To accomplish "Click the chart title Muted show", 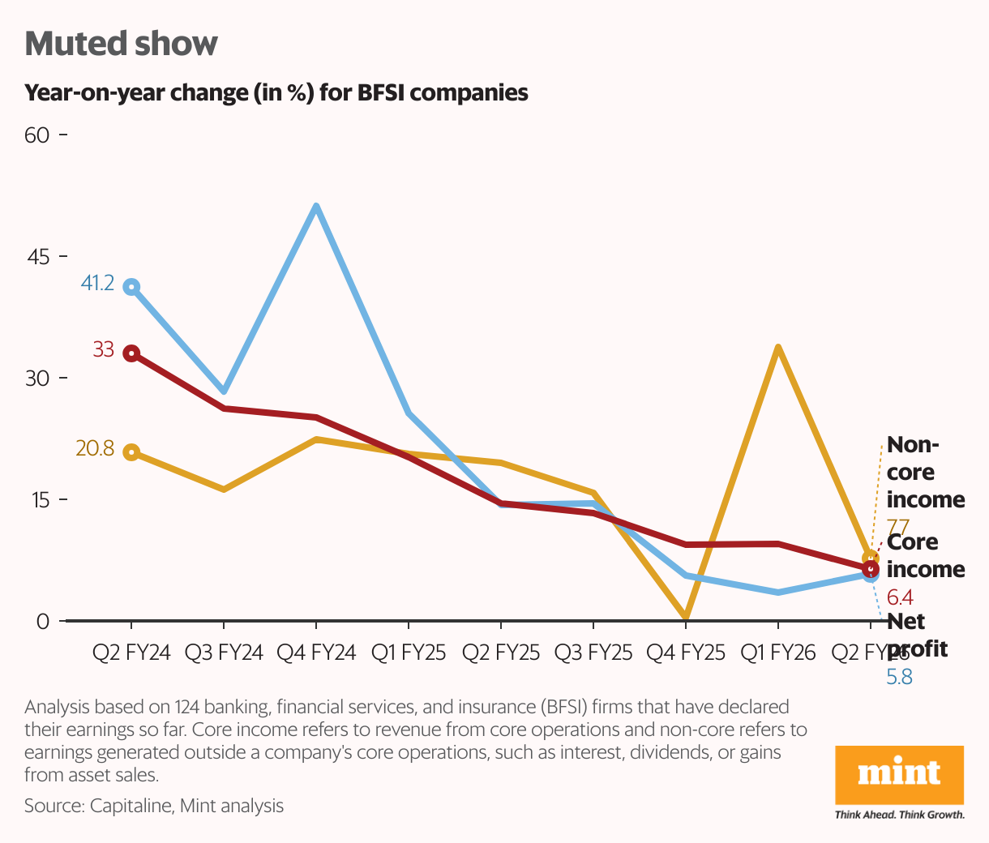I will [x=122, y=44].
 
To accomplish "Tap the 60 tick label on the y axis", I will [x=37, y=135].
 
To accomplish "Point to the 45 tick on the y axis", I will [x=37, y=257].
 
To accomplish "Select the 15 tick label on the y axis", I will [x=37, y=500].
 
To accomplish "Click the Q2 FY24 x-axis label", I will [x=131, y=653].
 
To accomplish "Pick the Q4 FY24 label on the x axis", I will [x=316, y=653].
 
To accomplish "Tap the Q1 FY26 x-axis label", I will [x=777, y=653].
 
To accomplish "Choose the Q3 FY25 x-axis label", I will [x=593, y=653].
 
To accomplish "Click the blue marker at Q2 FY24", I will [x=131, y=287].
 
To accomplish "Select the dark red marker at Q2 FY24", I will [x=131, y=353].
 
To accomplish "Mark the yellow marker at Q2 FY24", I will [x=131, y=452].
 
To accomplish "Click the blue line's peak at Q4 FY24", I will [x=316, y=207].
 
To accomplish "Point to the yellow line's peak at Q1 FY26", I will [x=777, y=349].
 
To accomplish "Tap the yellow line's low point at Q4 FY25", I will [x=686, y=618].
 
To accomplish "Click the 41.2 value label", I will [x=97, y=284].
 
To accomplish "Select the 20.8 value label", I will [x=95, y=448].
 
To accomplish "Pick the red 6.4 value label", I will [x=900, y=598].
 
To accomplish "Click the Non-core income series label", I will [x=925, y=472].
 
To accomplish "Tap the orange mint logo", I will [x=899, y=773].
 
